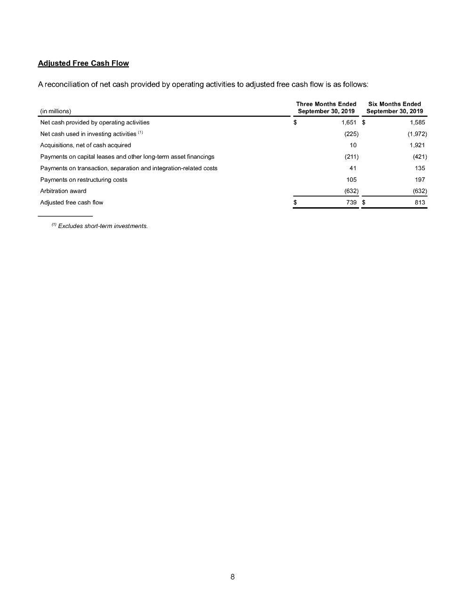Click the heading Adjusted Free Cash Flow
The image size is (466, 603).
pyautogui.click(x=83, y=63)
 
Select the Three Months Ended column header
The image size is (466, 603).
pyautogui.click(x=326, y=107)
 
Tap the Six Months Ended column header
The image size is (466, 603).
pyautogui.click(x=394, y=107)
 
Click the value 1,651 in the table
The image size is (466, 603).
pyautogui.click(x=349, y=122)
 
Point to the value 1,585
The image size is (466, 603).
pyautogui.click(x=417, y=122)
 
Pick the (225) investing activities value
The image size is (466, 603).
pyautogui.click(x=352, y=134)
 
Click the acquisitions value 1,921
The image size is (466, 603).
pyautogui.click(x=417, y=145)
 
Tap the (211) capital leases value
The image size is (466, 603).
pyautogui.click(x=352, y=156)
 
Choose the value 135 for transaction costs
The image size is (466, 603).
pyautogui.click(x=420, y=168)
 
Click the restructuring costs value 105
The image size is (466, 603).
pyautogui.click(x=351, y=179)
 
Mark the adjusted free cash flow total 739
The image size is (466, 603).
pyautogui.click(x=351, y=203)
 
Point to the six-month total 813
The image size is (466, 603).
pyautogui.click(x=420, y=203)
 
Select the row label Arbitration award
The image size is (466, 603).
pyautogui.click(x=63, y=191)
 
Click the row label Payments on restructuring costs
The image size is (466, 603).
pyautogui.click(x=84, y=179)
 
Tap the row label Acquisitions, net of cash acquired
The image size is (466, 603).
pyautogui.click(x=86, y=145)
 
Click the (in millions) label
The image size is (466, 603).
pyautogui.click(x=56, y=111)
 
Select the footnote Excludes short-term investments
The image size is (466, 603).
pyautogui.click(x=103, y=226)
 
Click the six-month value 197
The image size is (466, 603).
pyautogui.click(x=420, y=179)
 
